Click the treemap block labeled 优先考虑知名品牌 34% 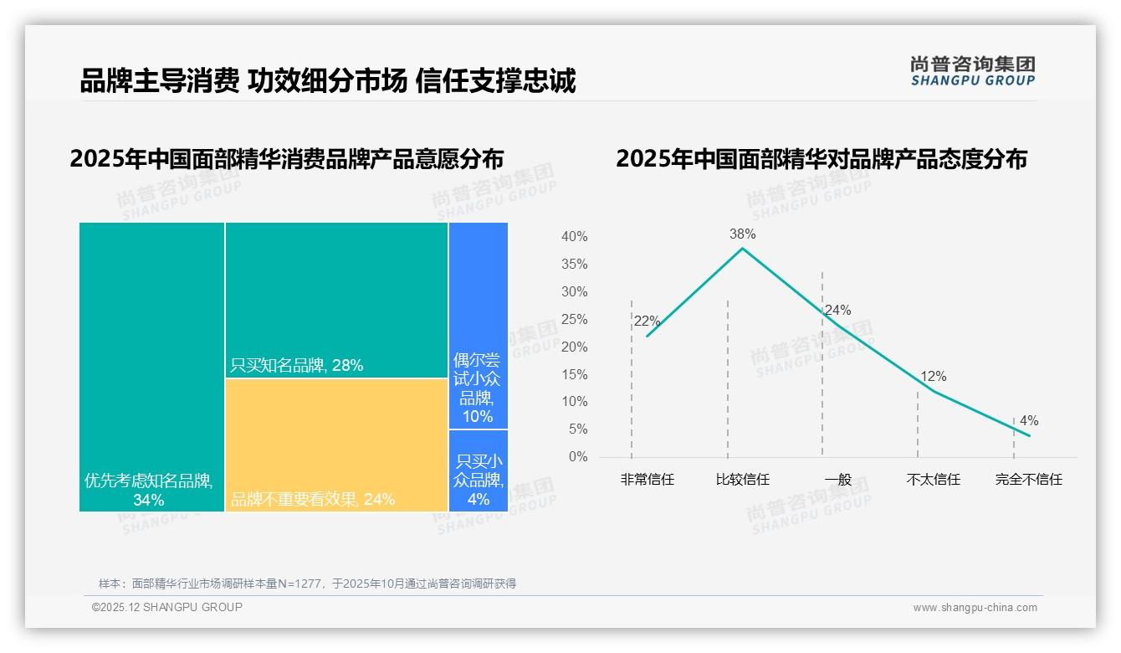(151, 366)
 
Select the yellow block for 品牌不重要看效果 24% (336, 445)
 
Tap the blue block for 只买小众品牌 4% (479, 470)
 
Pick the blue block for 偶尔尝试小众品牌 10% (479, 326)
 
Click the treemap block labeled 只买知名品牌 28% (336, 300)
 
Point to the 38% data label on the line (742, 234)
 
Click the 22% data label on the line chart (647, 321)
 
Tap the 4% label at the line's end (1028, 421)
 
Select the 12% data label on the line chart (933, 377)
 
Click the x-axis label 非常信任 (647, 480)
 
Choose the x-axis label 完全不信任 (1028, 480)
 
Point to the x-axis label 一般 (837, 480)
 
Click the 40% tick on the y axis (574, 237)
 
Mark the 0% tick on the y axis (578, 457)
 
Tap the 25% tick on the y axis (574, 320)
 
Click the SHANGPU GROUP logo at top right (972, 71)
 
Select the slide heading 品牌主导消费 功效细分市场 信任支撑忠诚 (327, 81)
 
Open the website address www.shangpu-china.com (975, 608)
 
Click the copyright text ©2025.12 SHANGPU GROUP (166, 607)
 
